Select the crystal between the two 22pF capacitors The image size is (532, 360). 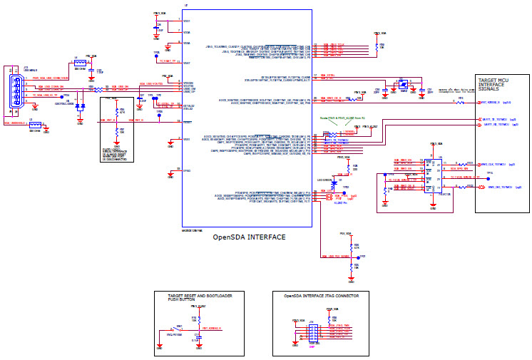point(404,84)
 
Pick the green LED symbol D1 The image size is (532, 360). point(334,185)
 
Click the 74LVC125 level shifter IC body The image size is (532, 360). point(432,176)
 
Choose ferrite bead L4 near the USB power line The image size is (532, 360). point(80,63)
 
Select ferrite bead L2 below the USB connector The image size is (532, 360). point(34,125)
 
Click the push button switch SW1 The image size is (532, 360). point(170,329)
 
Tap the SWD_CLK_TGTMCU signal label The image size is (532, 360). point(492,163)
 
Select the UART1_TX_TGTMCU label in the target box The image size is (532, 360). point(495,125)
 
